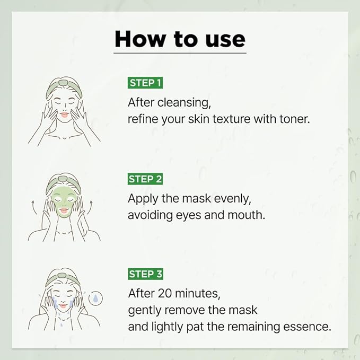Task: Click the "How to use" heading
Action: tap(180, 39)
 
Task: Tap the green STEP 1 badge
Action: tap(145, 83)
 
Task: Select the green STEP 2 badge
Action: tap(145, 179)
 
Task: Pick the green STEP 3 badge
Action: tap(145, 274)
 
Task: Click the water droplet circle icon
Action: tap(95, 298)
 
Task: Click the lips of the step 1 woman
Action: tap(64, 114)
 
